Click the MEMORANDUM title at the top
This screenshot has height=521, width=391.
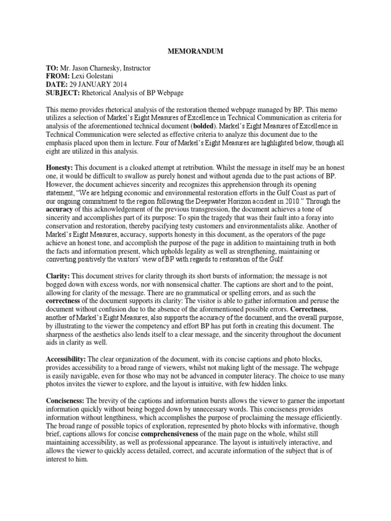(195, 51)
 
